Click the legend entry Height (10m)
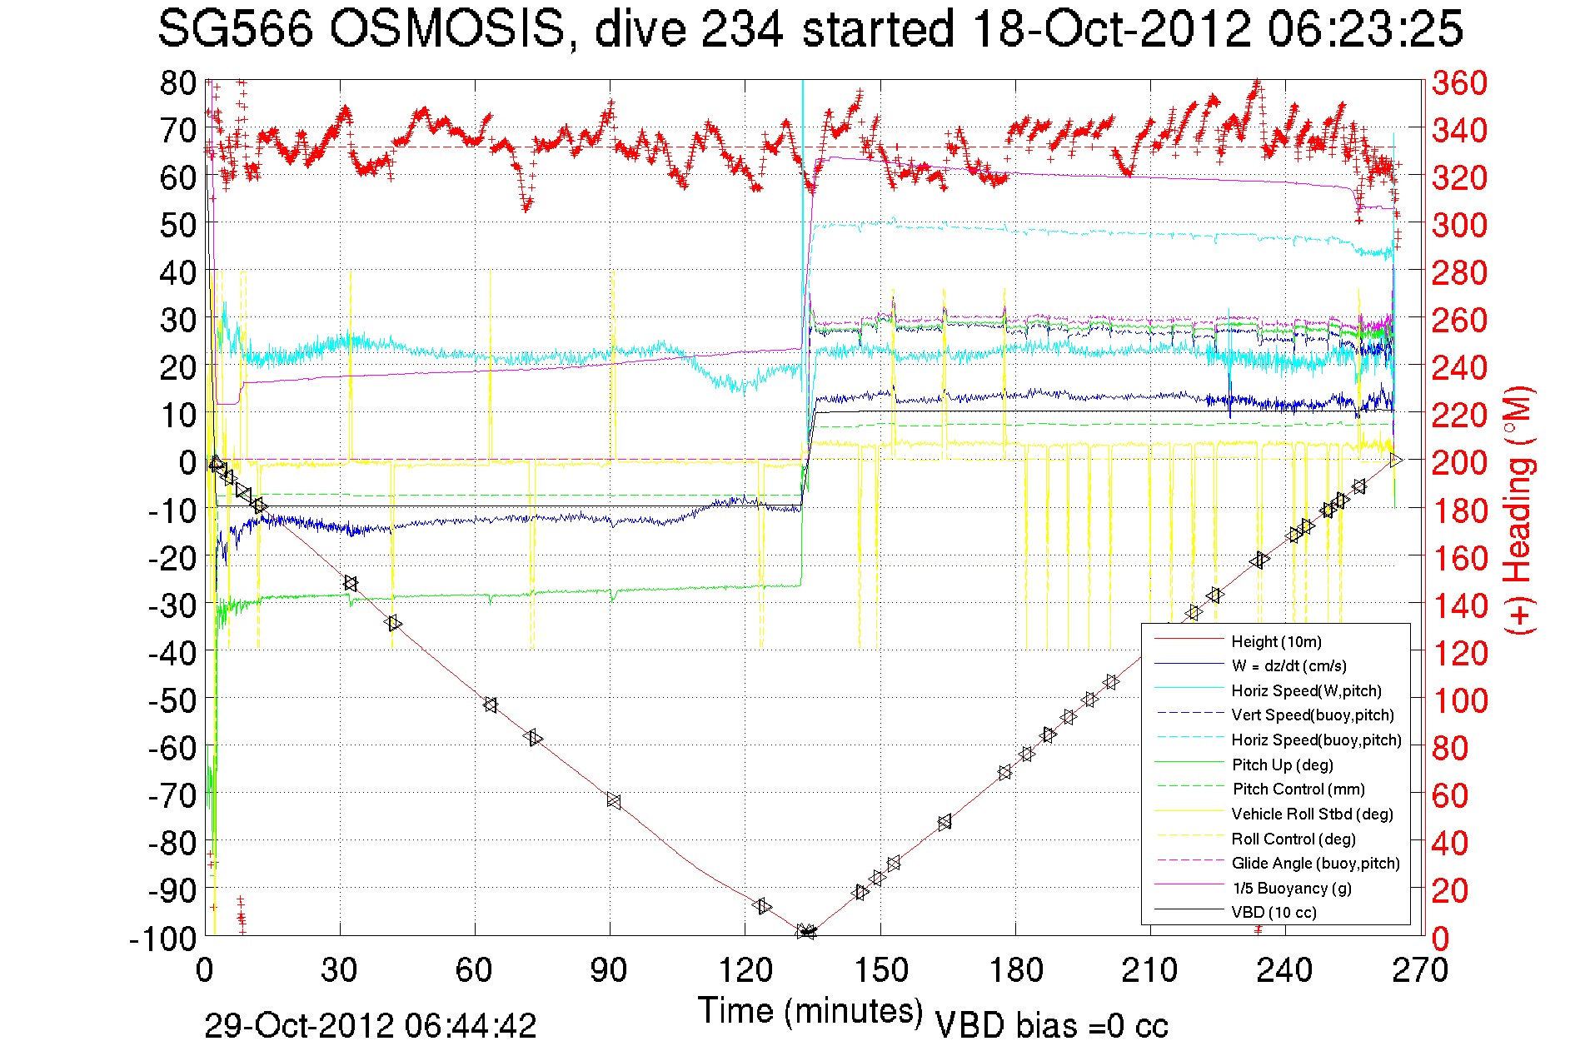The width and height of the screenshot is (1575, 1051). tap(1276, 641)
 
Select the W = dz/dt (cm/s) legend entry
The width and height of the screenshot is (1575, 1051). tap(1288, 665)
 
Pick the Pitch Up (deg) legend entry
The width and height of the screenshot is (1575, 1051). tap(1282, 765)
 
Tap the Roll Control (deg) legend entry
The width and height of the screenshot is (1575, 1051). tap(1293, 839)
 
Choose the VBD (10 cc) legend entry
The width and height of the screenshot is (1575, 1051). tap(1273, 912)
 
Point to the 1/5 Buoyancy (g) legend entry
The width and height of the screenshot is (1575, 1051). tap(1292, 888)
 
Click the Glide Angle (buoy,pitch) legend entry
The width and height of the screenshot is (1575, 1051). tap(1315, 863)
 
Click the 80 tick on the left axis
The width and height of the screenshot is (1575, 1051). tap(178, 82)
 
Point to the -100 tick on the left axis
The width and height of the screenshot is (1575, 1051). tap(163, 938)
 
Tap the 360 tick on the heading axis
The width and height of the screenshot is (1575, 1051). tap(1459, 82)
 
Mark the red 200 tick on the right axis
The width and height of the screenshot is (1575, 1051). tap(1459, 462)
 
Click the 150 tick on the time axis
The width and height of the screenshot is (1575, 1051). tap(880, 970)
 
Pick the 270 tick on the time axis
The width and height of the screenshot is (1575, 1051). tap(1421, 970)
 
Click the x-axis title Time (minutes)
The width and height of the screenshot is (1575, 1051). tap(810, 1010)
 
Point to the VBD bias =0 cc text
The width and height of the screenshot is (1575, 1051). tap(1051, 1025)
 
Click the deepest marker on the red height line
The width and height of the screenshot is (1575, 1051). tap(806, 932)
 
